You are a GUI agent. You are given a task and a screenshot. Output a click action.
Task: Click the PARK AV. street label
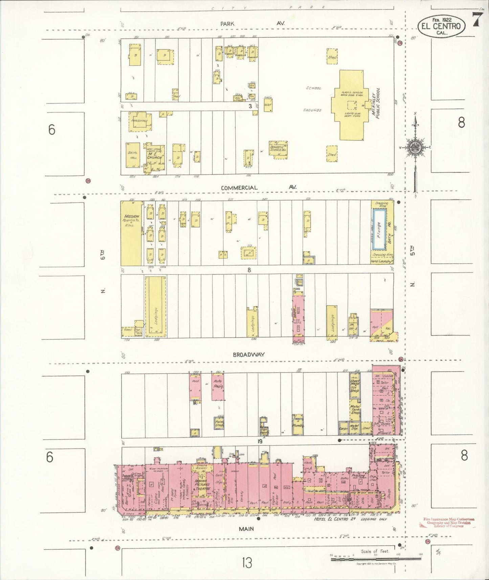[x=252, y=24]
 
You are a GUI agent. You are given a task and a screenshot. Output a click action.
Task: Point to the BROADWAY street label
[x=249, y=355]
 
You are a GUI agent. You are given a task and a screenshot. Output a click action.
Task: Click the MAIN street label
[x=246, y=529]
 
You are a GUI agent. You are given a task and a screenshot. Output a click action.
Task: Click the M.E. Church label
[x=155, y=155]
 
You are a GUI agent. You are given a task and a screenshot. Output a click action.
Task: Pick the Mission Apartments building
[x=131, y=233]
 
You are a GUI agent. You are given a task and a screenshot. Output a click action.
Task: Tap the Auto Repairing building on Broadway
[x=217, y=386]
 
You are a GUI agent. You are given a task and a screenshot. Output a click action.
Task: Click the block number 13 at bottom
[x=247, y=563]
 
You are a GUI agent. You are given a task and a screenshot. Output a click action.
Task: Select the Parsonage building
[x=140, y=121]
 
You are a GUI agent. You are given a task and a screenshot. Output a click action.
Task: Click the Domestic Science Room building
[x=278, y=148]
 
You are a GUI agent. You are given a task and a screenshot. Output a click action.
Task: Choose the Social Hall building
[x=133, y=155]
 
